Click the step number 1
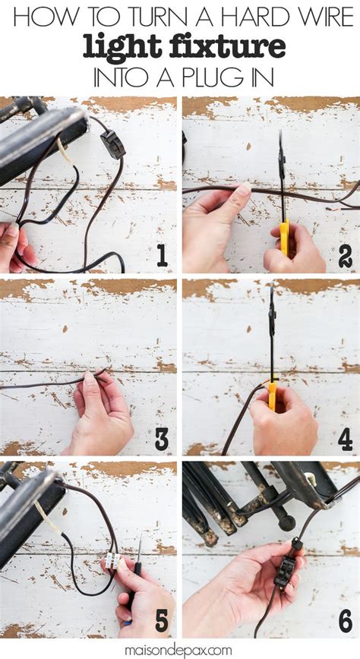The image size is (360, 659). tap(162, 257)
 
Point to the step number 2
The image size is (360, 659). tap(346, 257)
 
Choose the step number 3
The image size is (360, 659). tap(162, 440)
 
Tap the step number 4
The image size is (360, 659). tap(346, 440)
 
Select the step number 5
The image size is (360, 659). tap(162, 622)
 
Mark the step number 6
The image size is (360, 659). tap(346, 622)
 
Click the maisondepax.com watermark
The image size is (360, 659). tap(180, 650)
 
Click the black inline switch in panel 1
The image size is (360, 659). tap(113, 144)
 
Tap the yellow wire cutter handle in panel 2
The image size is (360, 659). tap(285, 238)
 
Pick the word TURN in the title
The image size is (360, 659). tap(150, 18)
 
